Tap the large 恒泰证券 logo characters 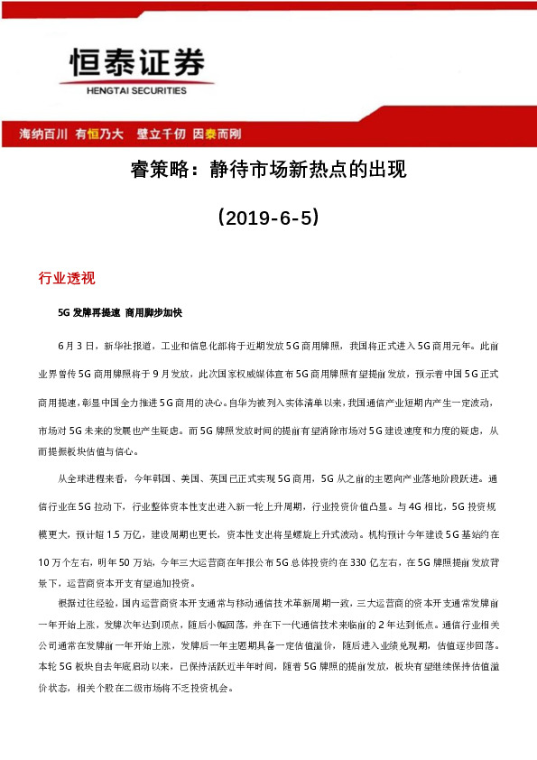pyautogui.click(x=137, y=64)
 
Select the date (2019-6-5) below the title pyautogui.click(x=268, y=218)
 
